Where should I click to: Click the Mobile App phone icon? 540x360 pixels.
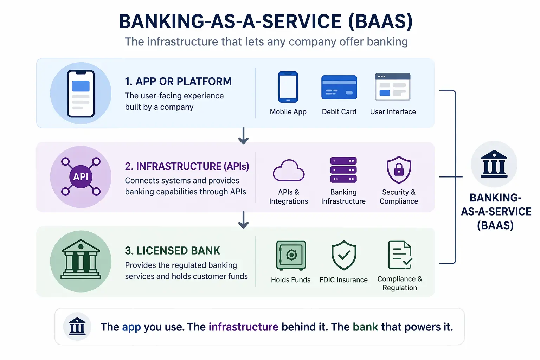pyautogui.click(x=288, y=87)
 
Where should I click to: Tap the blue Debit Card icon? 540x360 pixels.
pyautogui.click(x=339, y=88)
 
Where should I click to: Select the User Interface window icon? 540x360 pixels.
pyautogui.click(x=393, y=87)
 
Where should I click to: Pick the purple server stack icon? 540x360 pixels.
pyautogui.click(x=343, y=170)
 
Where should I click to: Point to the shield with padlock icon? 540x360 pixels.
pyautogui.click(x=399, y=170)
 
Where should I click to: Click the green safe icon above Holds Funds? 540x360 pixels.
pyautogui.click(x=291, y=255)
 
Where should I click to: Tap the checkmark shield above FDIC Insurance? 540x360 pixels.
pyautogui.click(x=344, y=255)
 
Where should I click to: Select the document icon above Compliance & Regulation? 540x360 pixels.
pyautogui.click(x=400, y=255)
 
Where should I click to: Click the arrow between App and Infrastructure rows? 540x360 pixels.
pyautogui.click(x=243, y=136)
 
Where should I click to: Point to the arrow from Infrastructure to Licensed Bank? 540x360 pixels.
pyautogui.click(x=243, y=220)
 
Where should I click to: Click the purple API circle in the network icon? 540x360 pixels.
pyautogui.click(x=81, y=177)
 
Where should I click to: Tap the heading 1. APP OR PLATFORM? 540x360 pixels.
pyautogui.click(x=178, y=82)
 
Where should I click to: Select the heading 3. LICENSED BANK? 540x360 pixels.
pyautogui.click(x=172, y=251)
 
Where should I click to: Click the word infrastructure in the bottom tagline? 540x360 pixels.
pyautogui.click(x=243, y=327)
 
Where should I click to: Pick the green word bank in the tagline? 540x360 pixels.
pyautogui.click(x=365, y=327)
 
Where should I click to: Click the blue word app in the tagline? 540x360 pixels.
pyautogui.click(x=131, y=327)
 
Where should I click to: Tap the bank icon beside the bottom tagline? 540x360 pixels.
pyautogui.click(x=77, y=326)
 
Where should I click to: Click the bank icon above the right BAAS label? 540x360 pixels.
pyautogui.click(x=494, y=164)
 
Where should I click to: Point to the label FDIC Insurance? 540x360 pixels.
pyautogui.click(x=343, y=280)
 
